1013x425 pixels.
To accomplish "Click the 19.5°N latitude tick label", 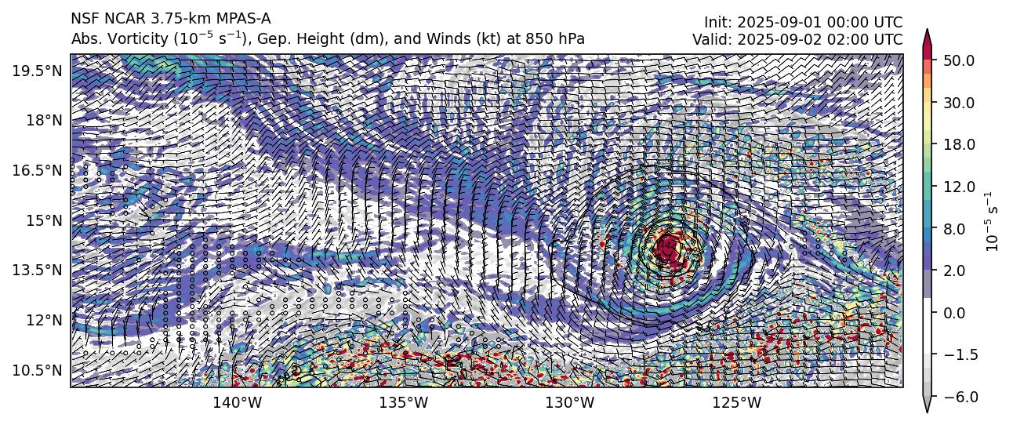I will click(38, 71).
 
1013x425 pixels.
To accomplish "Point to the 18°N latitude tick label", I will click(43, 120).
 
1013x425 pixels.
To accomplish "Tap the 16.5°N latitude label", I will click(38, 170).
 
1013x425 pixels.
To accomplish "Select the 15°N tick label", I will click(43, 220).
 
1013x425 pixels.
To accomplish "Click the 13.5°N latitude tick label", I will click(38, 270).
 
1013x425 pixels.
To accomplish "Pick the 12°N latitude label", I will click(43, 320).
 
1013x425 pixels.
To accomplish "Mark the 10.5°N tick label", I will click(38, 369).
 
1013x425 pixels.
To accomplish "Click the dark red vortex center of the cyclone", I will click(669, 248).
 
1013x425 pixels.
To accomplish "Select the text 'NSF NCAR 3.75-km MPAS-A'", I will click(171, 19).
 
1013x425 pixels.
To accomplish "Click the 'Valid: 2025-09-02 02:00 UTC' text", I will click(797, 38).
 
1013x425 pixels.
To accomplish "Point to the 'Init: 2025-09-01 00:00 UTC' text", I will click(803, 23).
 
